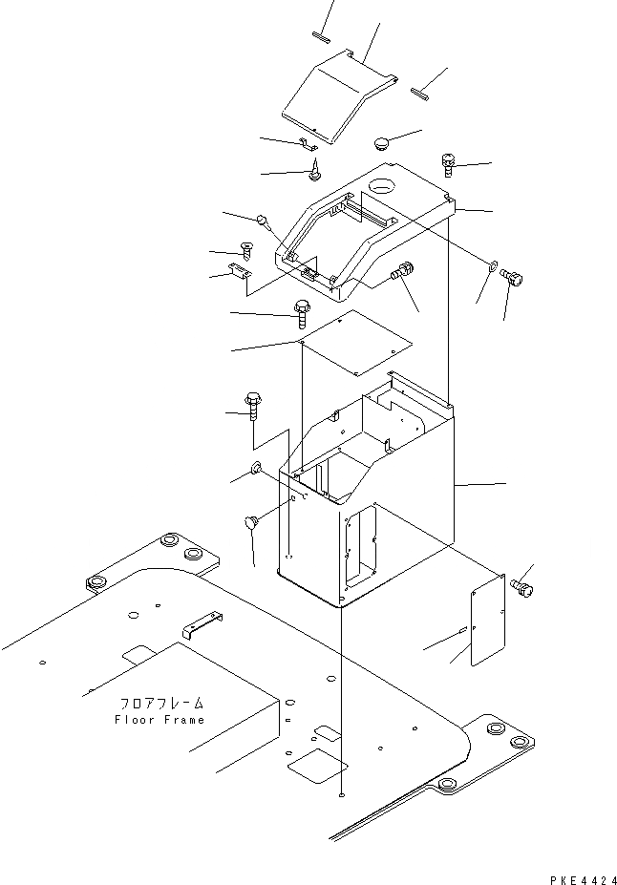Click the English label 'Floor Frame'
point(158,719)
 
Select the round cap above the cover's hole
point(383,144)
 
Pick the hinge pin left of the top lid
point(320,37)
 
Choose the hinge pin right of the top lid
point(420,92)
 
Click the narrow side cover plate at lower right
point(488,625)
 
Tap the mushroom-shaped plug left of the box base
point(252,523)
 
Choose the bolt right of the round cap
point(449,165)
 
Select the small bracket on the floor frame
point(202,625)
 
